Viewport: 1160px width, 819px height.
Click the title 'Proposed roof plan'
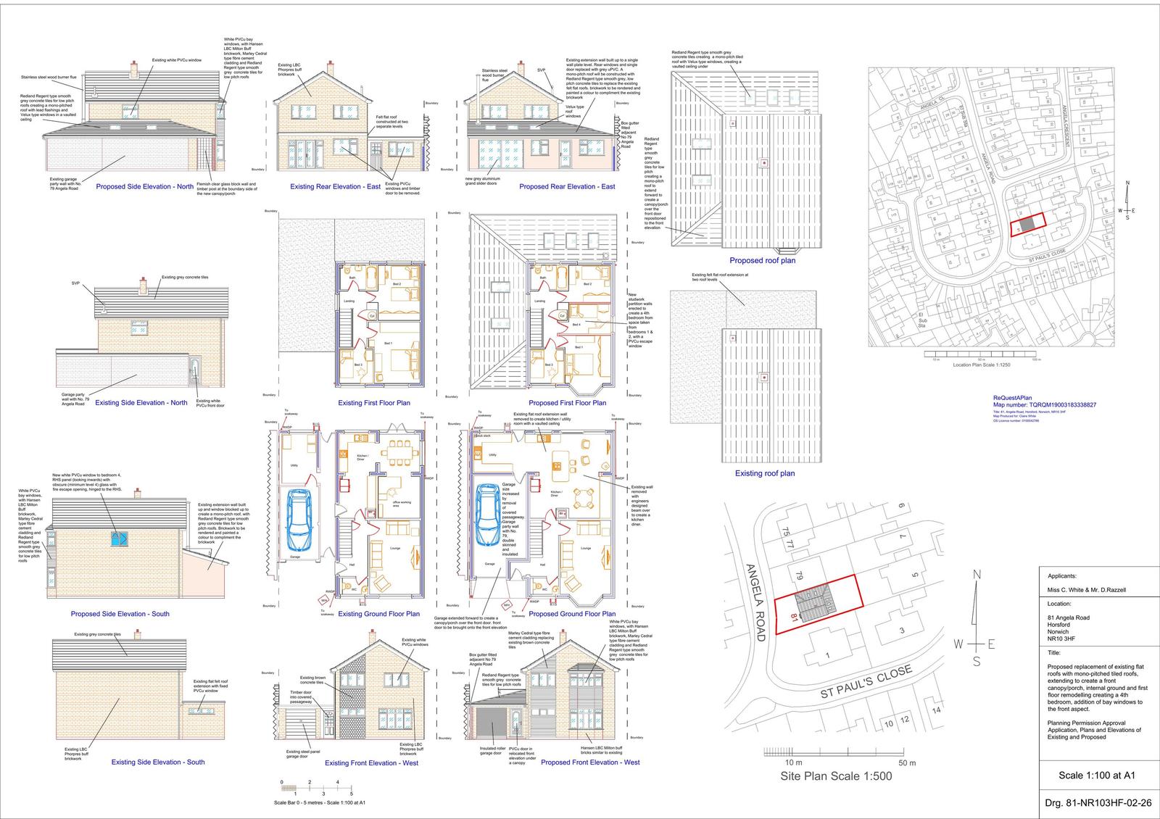point(762,260)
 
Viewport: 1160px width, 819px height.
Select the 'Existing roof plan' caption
point(765,473)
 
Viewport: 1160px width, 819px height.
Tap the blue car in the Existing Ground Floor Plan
point(299,520)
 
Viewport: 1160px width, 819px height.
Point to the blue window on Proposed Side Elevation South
point(117,539)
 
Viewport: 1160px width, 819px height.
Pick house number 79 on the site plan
point(799,578)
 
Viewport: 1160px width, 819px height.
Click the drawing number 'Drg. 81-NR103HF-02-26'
point(1098,803)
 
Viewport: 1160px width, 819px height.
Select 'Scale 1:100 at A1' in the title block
point(1097,775)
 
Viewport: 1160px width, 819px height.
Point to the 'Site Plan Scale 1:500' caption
point(836,776)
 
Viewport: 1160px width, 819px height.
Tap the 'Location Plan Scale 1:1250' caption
point(981,365)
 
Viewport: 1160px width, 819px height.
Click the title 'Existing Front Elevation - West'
point(371,762)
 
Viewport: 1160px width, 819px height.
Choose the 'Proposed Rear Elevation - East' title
point(567,186)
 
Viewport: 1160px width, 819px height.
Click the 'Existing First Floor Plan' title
point(374,403)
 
